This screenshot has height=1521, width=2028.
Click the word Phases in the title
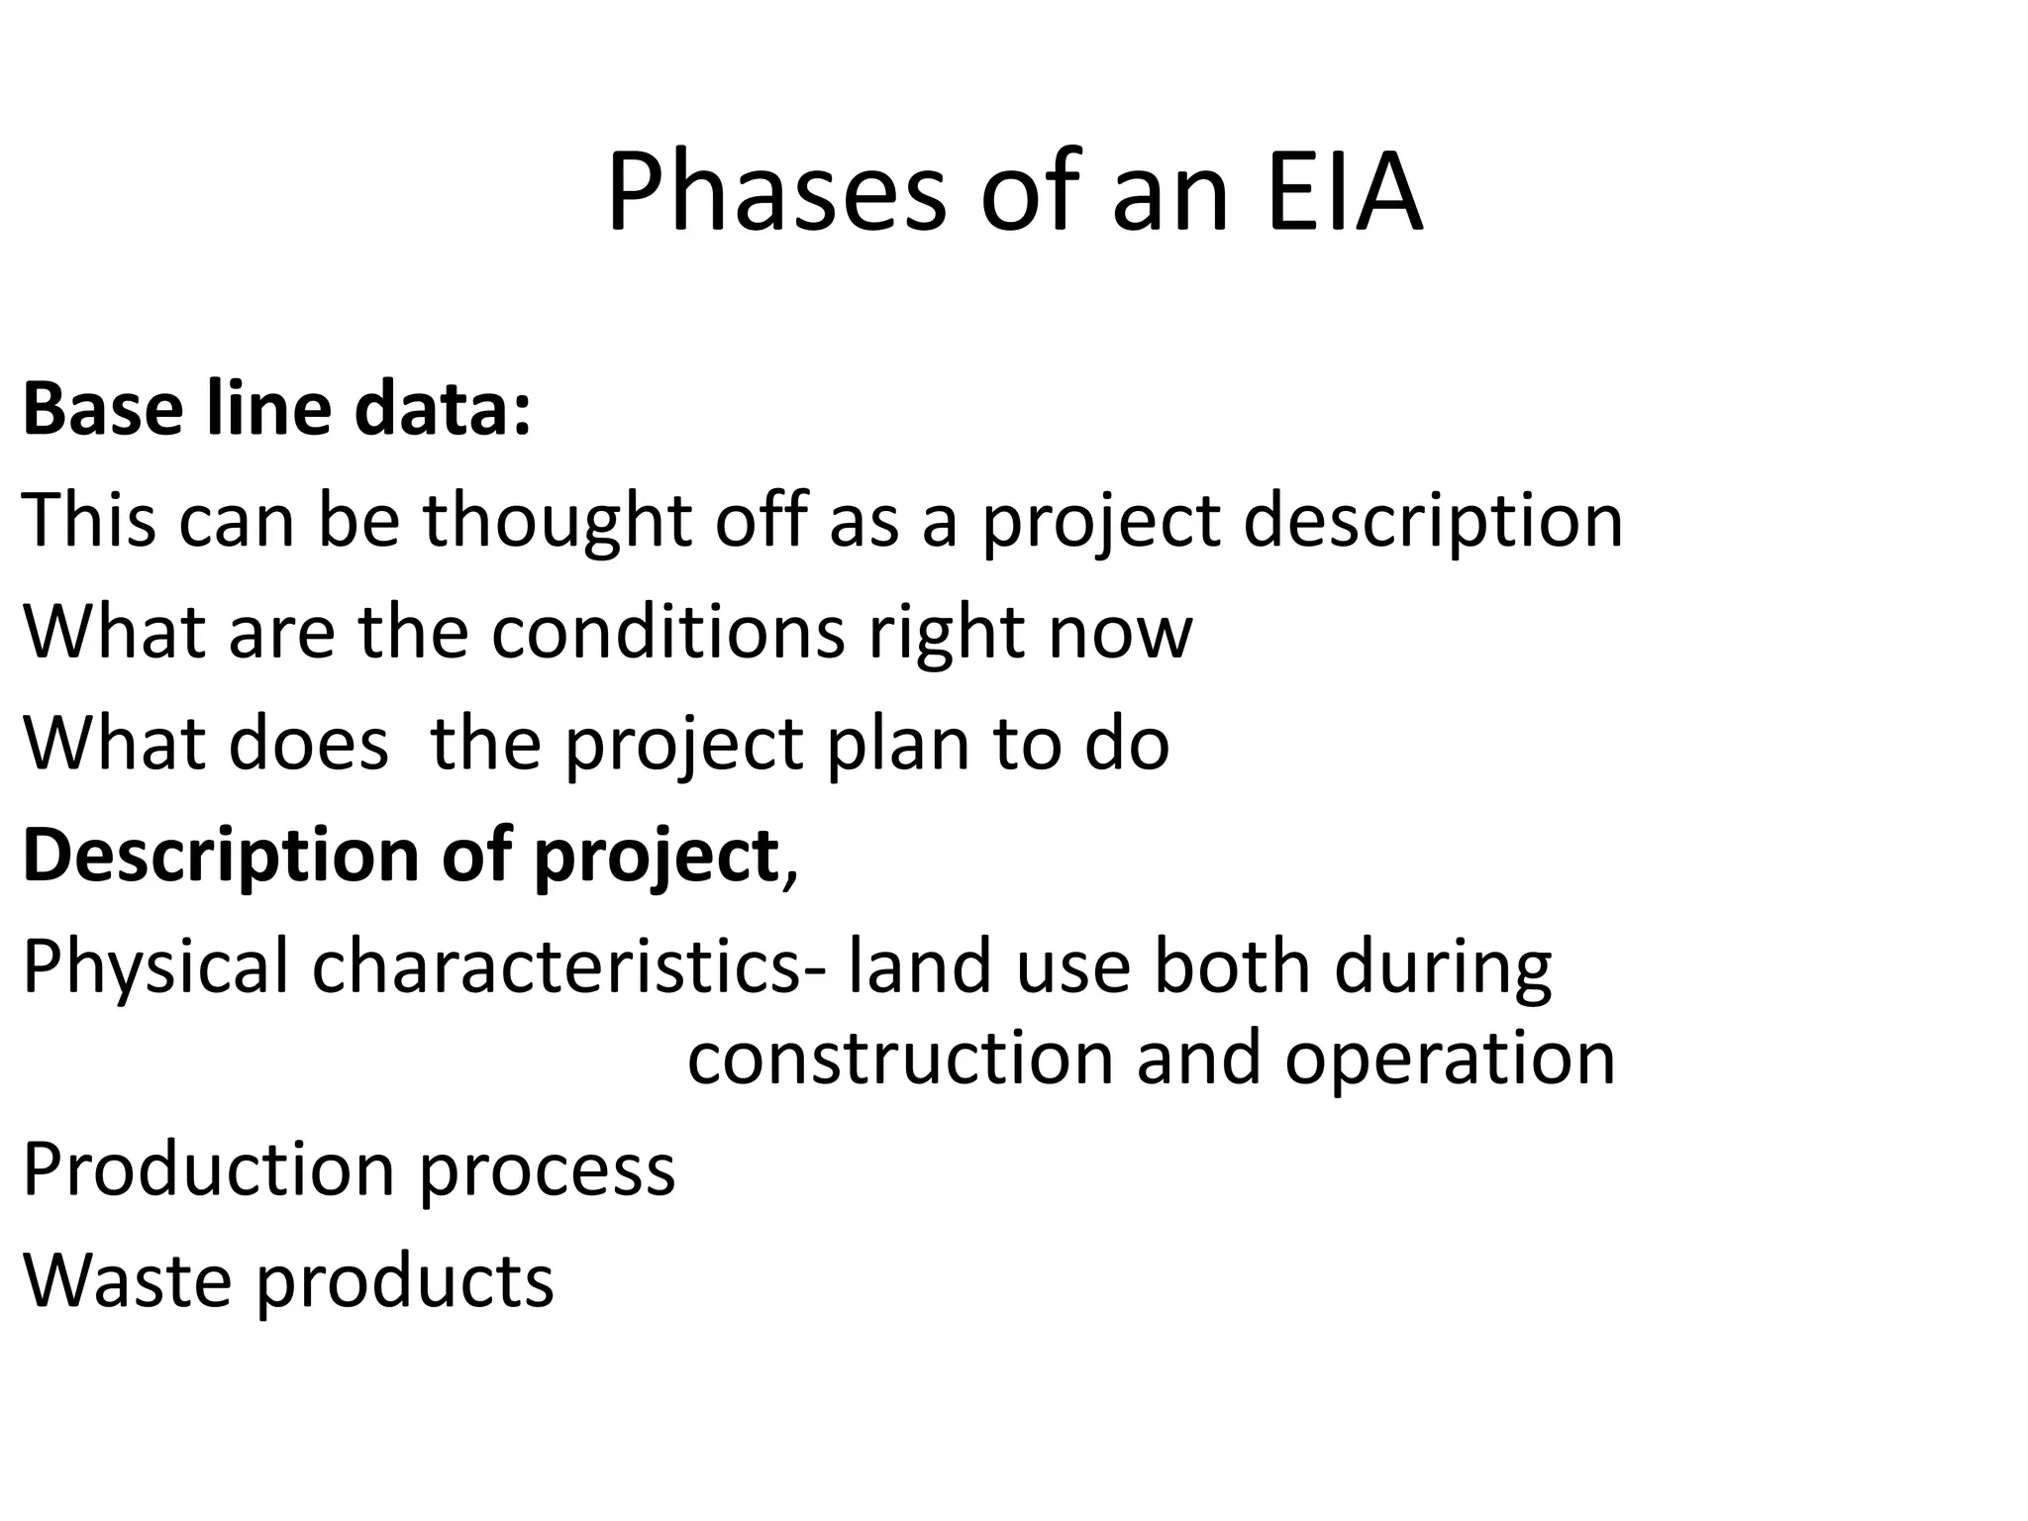(x=776, y=192)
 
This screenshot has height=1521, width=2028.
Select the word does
(x=308, y=744)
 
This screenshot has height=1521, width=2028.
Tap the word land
(x=920, y=967)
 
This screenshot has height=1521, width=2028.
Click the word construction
(x=902, y=1059)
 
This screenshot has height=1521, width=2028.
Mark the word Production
(x=209, y=1169)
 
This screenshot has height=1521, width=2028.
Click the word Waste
(x=129, y=1280)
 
